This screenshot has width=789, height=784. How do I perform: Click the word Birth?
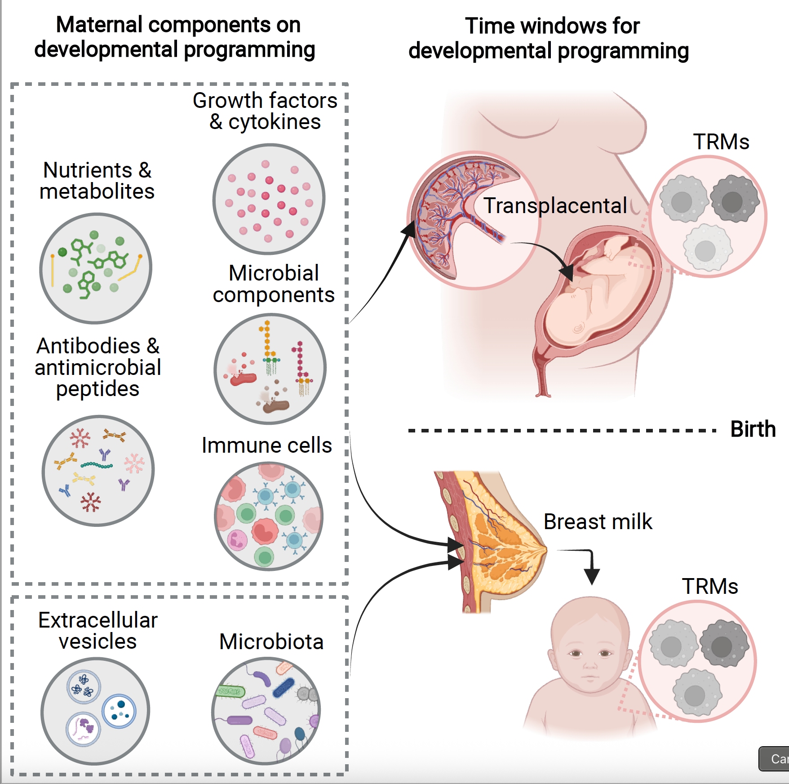coord(753,429)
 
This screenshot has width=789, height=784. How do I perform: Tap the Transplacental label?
coord(555,206)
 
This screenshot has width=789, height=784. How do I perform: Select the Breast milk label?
coord(597,522)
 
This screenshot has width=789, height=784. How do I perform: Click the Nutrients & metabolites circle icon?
coord(96,268)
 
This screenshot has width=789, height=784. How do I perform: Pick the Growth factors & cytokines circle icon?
coord(269,199)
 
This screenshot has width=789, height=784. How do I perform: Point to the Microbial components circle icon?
coord(270,369)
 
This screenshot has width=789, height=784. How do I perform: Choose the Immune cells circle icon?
coord(269,516)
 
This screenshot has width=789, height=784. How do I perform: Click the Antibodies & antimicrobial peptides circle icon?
coord(98,471)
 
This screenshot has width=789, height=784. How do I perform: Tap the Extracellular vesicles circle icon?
coord(95,711)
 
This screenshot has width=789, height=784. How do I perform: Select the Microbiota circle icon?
coord(266,711)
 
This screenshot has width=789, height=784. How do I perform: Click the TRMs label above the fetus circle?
coord(721,142)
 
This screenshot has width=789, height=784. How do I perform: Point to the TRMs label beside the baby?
coord(710,587)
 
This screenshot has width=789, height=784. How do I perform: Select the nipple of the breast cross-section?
coord(545,549)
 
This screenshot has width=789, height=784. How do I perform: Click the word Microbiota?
coord(271,641)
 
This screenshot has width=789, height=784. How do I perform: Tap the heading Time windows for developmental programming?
coord(549,38)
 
